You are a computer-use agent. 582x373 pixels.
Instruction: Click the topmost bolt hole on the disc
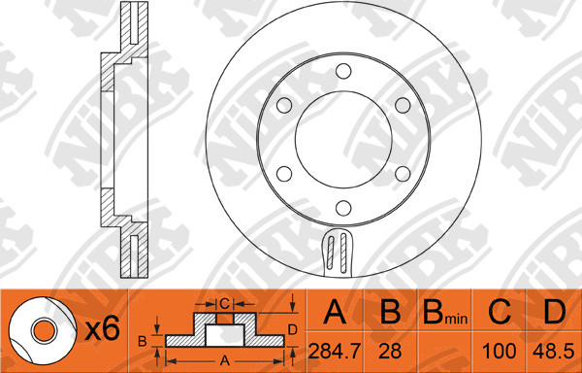pos(343,71)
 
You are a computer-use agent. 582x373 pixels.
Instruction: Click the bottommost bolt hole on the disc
pos(343,208)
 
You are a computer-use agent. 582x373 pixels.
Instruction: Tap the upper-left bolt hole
pos(284,106)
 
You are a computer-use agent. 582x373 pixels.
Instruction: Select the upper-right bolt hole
pos(403,106)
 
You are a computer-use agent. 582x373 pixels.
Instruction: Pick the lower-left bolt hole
pos(284,174)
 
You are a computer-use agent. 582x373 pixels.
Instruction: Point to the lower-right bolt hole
pos(403,174)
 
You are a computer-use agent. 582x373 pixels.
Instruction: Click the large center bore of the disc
pos(343,139)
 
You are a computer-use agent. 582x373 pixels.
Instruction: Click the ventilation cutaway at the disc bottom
pos(338,253)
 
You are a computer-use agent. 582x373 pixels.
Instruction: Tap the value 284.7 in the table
pos(335,352)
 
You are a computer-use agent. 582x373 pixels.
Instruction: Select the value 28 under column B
pos(390,352)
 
